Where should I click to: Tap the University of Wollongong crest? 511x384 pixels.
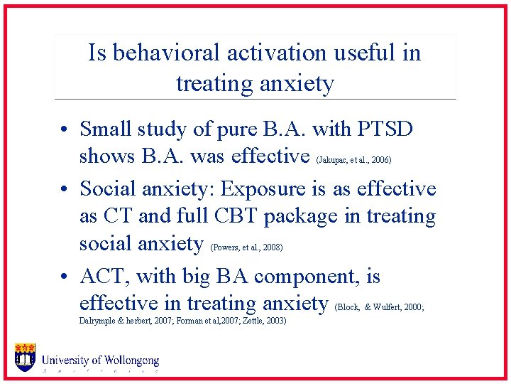pyautogui.click(x=26, y=357)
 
